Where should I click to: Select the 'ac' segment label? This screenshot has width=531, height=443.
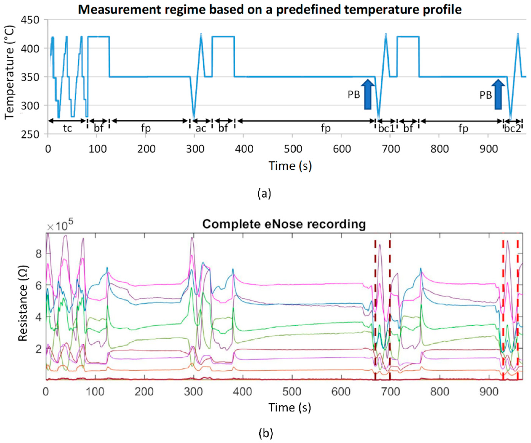(201, 129)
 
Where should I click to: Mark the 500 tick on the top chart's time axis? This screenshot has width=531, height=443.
(293, 149)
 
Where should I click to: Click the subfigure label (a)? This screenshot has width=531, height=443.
(264, 194)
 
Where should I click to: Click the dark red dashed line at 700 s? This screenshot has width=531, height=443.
(390, 304)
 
